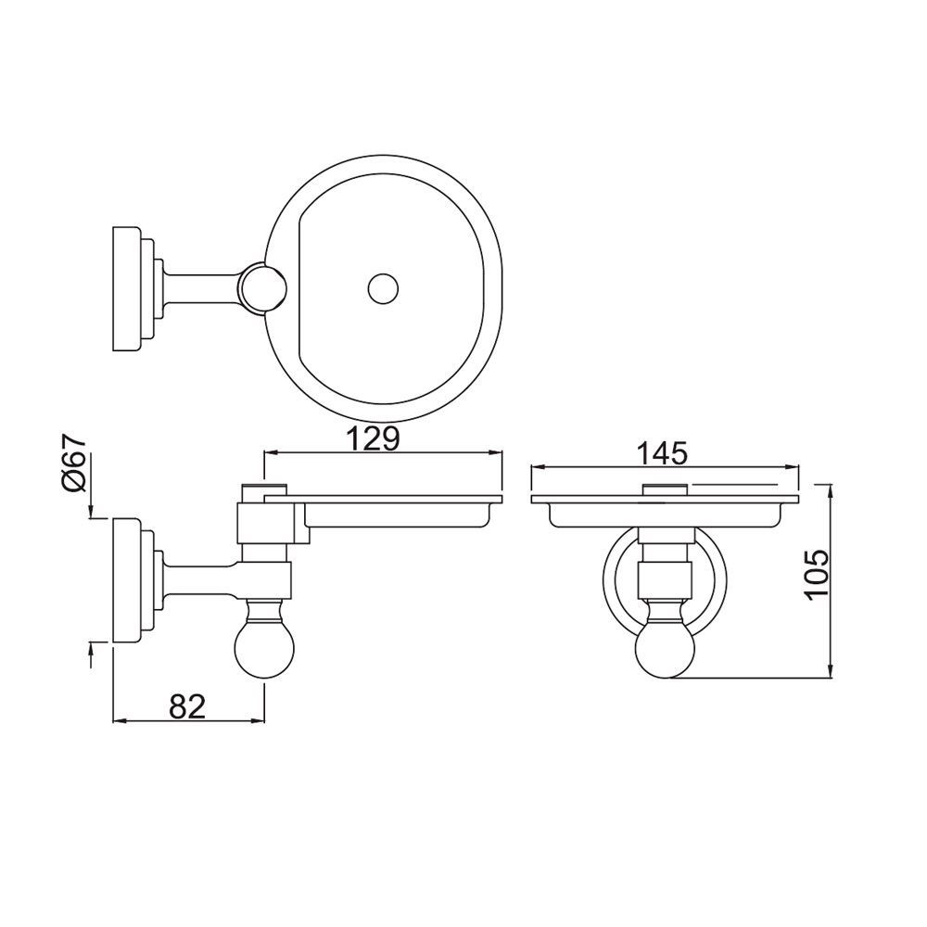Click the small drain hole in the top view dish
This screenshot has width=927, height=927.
pos(381,288)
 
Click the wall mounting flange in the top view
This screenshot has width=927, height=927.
pos(127,288)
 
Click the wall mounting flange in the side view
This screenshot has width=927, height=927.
pos(127,580)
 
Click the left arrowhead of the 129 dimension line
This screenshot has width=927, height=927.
pos(270,453)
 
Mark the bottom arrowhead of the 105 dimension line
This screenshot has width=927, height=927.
pos(830,676)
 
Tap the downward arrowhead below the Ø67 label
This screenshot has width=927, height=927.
pos(91,513)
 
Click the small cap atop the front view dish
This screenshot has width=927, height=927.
pos(665,489)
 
